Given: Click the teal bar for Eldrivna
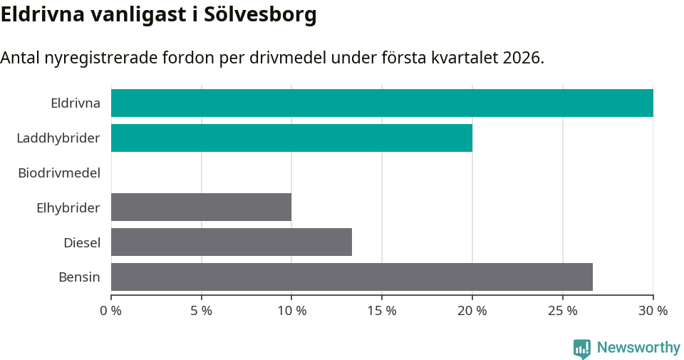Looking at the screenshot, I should tap(382, 103).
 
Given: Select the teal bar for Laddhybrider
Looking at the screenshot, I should tap(291, 138).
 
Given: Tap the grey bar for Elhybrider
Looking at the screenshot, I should tap(201, 207).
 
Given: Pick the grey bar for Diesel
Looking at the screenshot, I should tap(232, 242).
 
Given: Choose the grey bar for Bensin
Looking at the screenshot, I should tap(352, 277).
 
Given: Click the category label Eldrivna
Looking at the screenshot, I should tap(76, 103).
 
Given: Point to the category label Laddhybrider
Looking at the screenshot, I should tap(58, 138).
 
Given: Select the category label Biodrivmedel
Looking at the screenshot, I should tap(59, 173).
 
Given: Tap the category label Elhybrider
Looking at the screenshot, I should tap(68, 207).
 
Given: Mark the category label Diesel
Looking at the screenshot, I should tap(82, 242).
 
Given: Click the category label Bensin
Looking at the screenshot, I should tap(79, 277).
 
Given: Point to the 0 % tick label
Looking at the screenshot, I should tap(111, 311).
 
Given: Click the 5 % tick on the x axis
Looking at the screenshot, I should tap(202, 311).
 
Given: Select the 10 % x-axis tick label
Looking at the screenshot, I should tap(291, 311).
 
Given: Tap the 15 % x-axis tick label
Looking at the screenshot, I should tap(382, 311).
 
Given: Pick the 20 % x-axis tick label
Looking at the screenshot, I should tap(472, 311).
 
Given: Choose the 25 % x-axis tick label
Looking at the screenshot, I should tap(563, 311).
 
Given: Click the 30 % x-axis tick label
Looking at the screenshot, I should tap(653, 311).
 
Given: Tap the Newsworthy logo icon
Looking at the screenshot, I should tap(582, 349).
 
